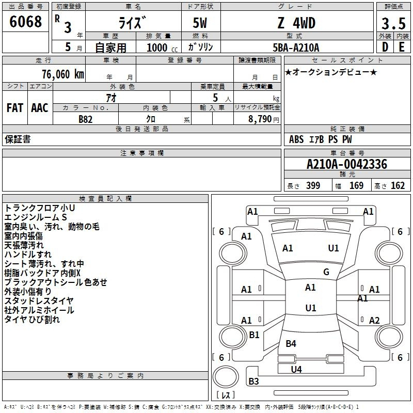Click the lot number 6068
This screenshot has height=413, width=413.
click(x=25, y=22)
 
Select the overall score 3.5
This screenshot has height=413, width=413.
click(x=393, y=23)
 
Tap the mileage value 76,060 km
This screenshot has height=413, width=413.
click(x=63, y=74)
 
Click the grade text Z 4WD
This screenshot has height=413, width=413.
click(x=296, y=23)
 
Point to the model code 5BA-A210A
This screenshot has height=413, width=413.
click(x=296, y=47)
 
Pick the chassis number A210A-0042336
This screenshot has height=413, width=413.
click(x=347, y=164)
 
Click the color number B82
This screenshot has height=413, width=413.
click(x=86, y=119)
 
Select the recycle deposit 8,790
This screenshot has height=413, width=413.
click(x=260, y=119)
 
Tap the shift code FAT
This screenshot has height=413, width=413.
click(x=15, y=108)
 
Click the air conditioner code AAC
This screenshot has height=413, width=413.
click(x=40, y=108)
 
